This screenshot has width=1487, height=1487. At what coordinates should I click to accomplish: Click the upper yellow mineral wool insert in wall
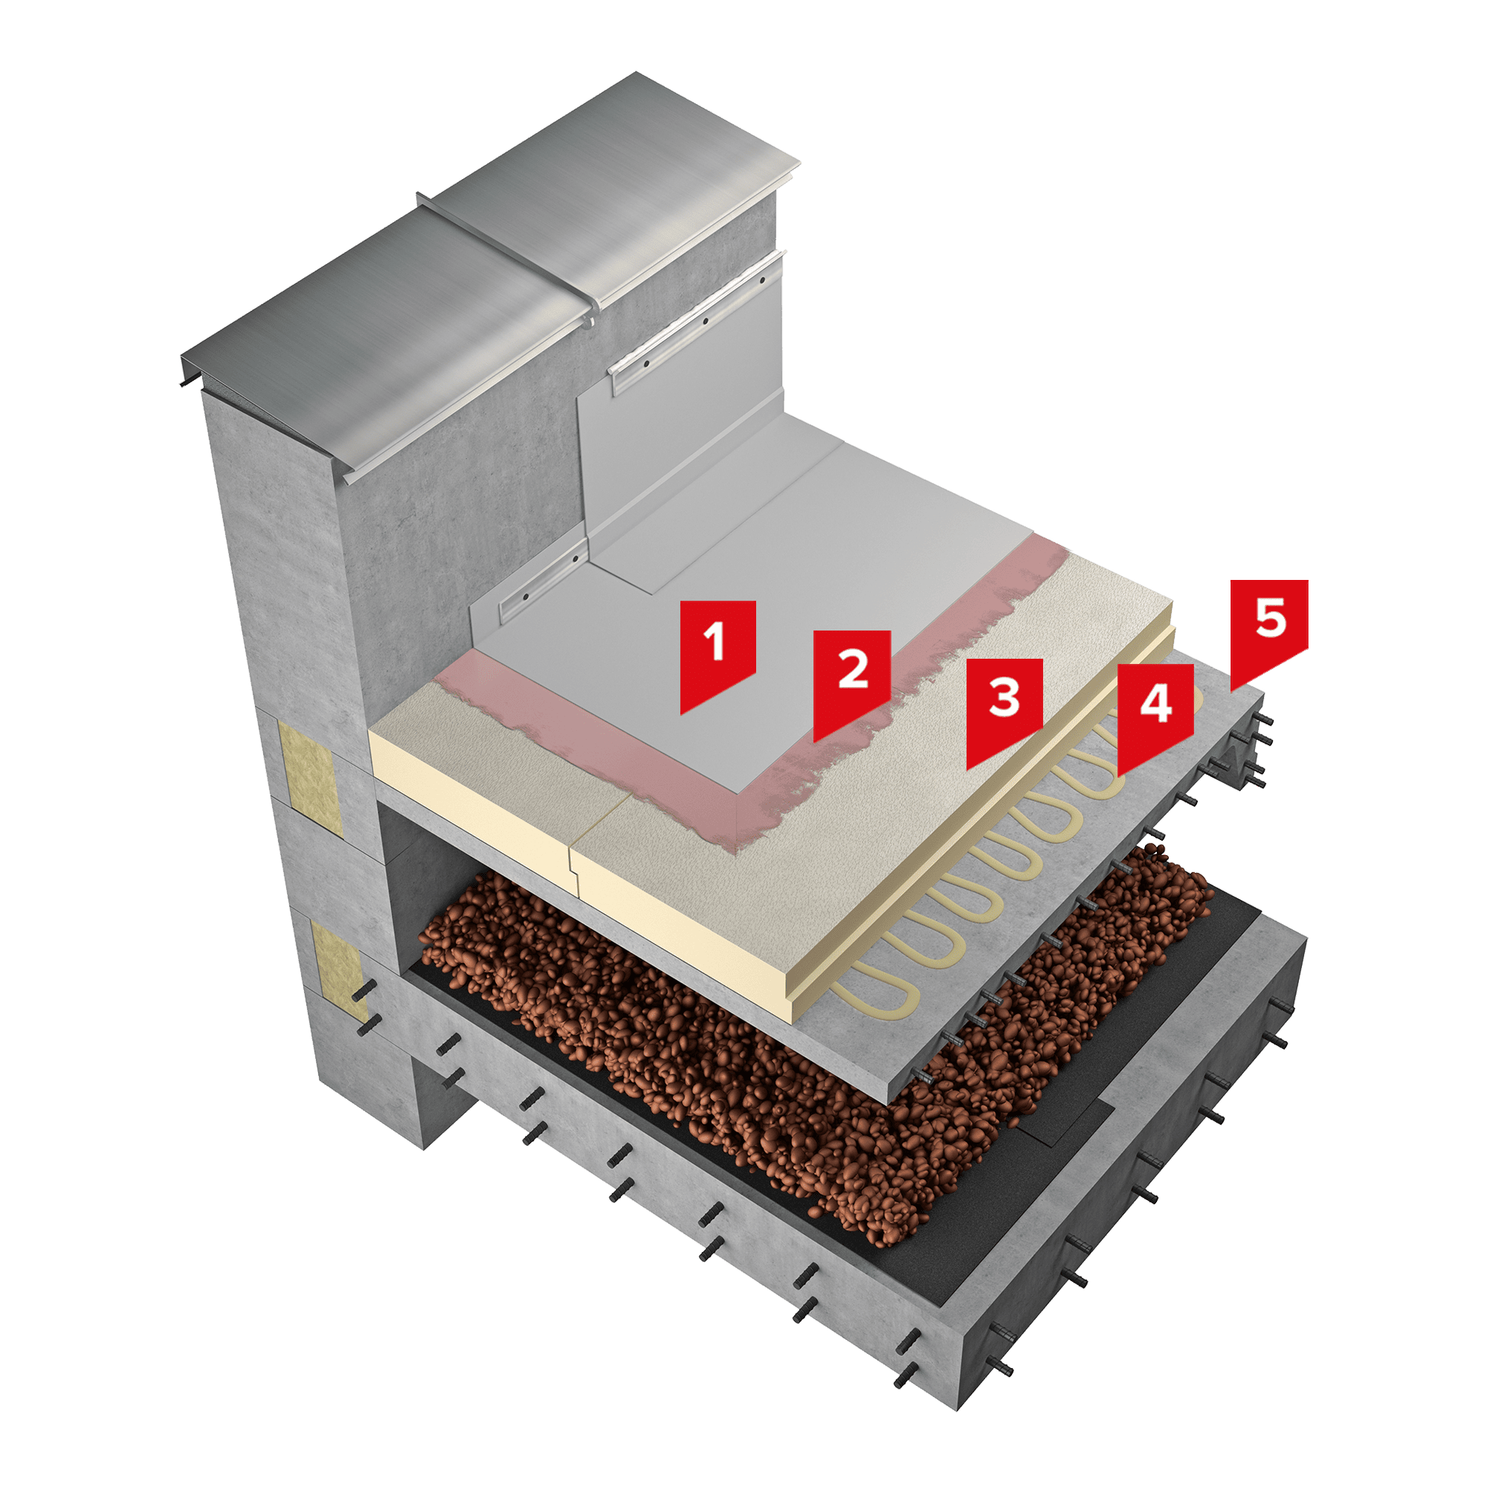tap(312, 778)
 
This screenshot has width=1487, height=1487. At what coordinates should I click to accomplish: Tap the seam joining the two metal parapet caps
tap(508, 258)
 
